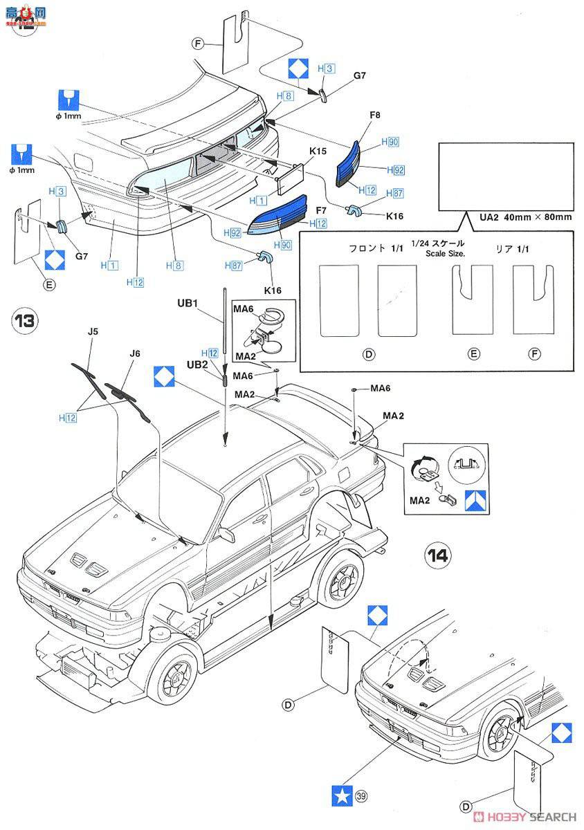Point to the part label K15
click(x=318, y=151)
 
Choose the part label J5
click(x=93, y=331)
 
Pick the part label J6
click(x=135, y=353)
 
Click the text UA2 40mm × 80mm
click(x=526, y=216)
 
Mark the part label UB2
click(x=196, y=365)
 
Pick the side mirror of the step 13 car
click(x=226, y=534)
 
